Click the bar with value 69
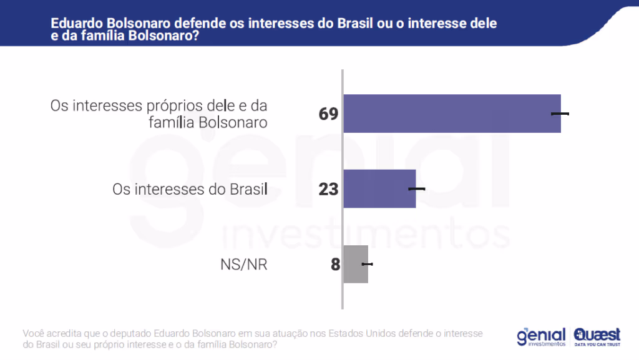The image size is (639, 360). coord(452,114)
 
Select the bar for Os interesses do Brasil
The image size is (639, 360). coord(379,188)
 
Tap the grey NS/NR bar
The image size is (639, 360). coord(356,265)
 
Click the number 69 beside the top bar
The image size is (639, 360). coord(328,114)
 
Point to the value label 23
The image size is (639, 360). coord(328,189)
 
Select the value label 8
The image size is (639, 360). coord(335,265)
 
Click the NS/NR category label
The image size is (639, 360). coord(244,265)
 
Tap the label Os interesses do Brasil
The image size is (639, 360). coord(190,188)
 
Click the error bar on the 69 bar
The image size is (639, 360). coord(560,114)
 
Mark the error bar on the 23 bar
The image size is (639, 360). coord(416,188)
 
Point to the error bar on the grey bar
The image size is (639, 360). coord(367,265)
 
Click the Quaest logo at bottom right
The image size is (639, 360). coord(597,335)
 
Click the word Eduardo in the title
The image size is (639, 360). coord(76,23)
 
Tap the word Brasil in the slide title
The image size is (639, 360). coord(358,23)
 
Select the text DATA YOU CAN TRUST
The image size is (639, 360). coord(597,344)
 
